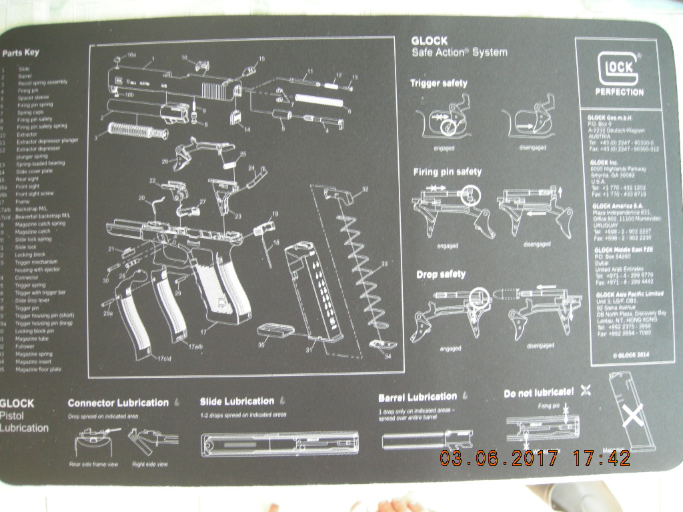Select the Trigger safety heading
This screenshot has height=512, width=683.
(438, 83)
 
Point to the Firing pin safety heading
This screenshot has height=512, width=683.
(447, 172)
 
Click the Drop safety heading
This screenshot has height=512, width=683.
(441, 275)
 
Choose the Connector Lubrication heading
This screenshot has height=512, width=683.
(118, 403)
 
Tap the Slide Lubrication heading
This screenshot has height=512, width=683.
(237, 401)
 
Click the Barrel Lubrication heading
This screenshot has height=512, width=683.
(418, 397)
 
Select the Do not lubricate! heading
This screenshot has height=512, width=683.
(538, 393)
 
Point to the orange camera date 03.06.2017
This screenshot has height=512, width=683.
(498, 458)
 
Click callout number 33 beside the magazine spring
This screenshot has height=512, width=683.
(384, 265)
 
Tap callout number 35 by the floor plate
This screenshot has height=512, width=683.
(261, 345)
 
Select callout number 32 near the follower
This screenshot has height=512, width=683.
(365, 189)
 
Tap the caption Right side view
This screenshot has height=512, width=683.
(150, 464)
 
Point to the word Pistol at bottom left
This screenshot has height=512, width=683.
(14, 415)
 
